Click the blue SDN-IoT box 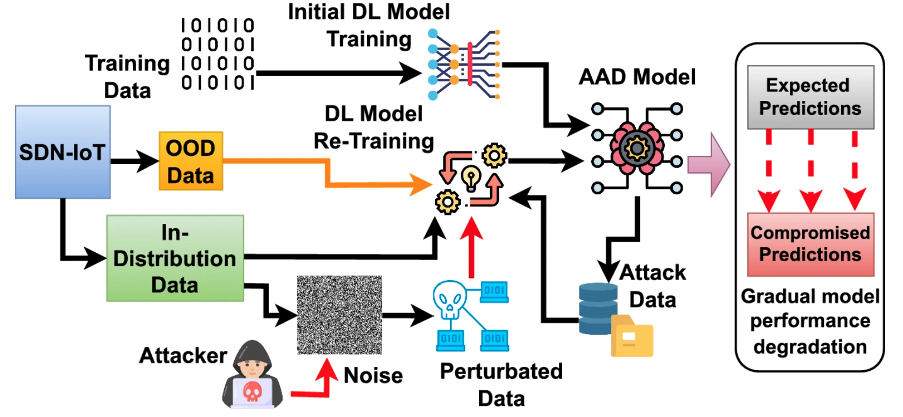click(62, 152)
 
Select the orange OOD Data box click(191, 161)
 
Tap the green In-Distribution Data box click(175, 258)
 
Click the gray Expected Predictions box click(810, 97)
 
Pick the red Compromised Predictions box click(810, 244)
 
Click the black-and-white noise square click(339, 315)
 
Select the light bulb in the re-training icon click(471, 178)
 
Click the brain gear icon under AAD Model click(636, 148)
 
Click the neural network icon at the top click(463, 64)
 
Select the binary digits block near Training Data click(218, 54)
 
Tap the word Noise click(373, 376)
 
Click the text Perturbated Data click(501, 385)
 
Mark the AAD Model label click(637, 77)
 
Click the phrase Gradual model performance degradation click(810, 321)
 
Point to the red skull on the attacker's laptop click(253, 391)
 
